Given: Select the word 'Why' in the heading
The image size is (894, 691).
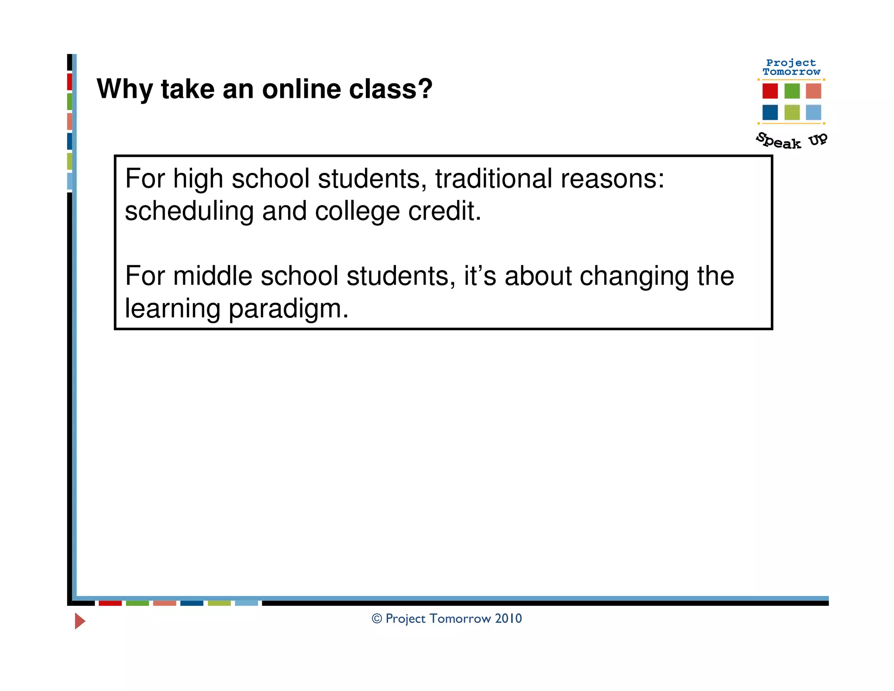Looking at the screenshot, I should [124, 90].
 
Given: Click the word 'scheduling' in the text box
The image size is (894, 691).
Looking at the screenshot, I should [189, 212].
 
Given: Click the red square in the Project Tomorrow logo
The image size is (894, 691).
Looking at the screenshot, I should [770, 91].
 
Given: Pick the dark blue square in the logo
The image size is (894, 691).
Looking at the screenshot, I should [770, 112].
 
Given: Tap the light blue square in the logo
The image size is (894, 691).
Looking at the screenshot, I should [813, 112].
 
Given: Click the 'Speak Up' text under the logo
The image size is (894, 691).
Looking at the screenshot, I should [791, 141].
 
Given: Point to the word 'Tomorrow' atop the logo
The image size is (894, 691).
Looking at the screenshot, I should [791, 72].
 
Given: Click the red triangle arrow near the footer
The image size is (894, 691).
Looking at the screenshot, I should [79, 621].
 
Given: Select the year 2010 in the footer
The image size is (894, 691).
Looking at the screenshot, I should [508, 618].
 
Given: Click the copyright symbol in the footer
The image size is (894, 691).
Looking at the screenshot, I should [377, 618].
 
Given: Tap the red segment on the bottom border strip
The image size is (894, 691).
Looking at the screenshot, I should [110, 603].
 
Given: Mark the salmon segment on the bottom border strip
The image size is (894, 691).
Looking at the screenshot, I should [165, 603].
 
